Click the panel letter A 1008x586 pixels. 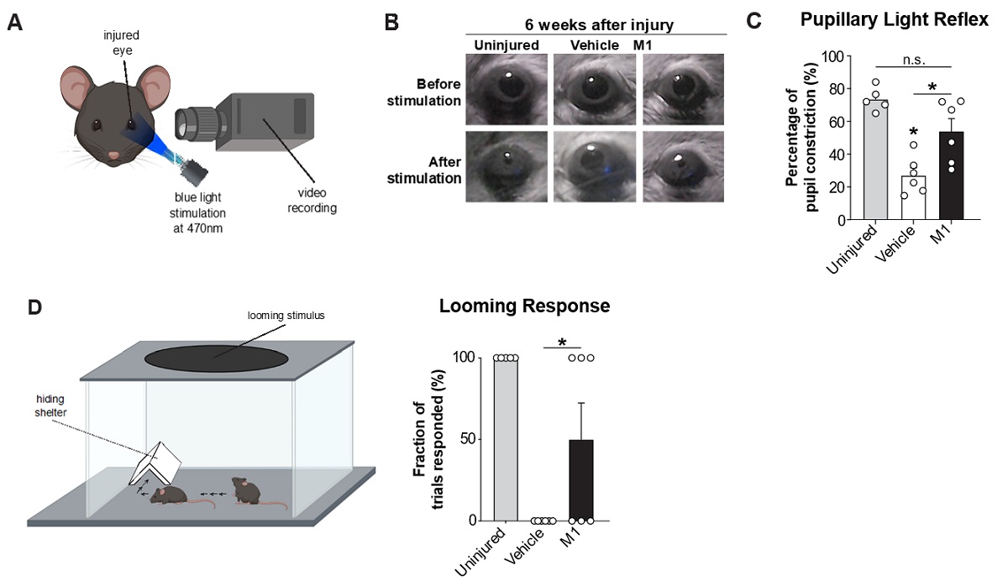pyautogui.click(x=15, y=23)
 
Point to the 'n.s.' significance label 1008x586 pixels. pyautogui.click(x=913, y=59)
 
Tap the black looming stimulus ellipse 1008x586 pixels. pyautogui.click(x=216, y=358)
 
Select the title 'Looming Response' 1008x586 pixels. pyautogui.click(x=524, y=306)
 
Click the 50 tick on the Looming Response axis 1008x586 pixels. pyautogui.click(x=477, y=439)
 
